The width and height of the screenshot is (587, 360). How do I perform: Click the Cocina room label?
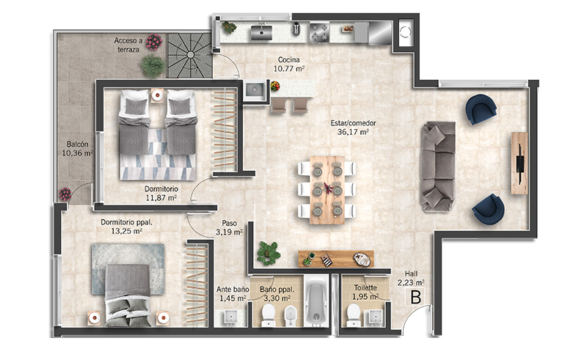tap(288, 59)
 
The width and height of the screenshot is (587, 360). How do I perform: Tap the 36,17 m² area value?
tap(353, 132)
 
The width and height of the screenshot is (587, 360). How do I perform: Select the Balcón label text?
tap(78, 144)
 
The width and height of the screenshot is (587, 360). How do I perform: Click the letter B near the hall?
tap(415, 297)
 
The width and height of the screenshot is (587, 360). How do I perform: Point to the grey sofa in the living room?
tap(438, 166)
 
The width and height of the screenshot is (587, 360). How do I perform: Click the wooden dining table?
tap(327, 190)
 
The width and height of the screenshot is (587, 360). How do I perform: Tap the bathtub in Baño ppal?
tap(317, 301)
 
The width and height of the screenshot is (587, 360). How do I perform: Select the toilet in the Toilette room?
tap(354, 315)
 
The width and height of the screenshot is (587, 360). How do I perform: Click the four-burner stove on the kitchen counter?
tap(319, 32)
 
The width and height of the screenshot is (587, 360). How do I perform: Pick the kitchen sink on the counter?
tap(261, 32)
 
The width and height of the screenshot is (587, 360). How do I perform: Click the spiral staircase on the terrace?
tap(190, 56)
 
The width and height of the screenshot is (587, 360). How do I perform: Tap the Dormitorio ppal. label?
tap(126, 222)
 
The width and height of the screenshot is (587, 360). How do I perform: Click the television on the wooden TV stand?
tap(520, 164)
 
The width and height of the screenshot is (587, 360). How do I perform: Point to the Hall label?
tap(411, 274)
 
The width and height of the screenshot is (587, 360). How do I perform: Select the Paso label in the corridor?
tap(229, 223)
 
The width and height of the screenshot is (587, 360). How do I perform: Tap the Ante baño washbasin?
tap(231, 317)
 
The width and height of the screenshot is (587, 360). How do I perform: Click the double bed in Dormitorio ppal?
tap(128, 295)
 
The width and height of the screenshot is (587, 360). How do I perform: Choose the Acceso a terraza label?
tap(128, 45)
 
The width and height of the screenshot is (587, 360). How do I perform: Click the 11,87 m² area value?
tap(161, 197)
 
